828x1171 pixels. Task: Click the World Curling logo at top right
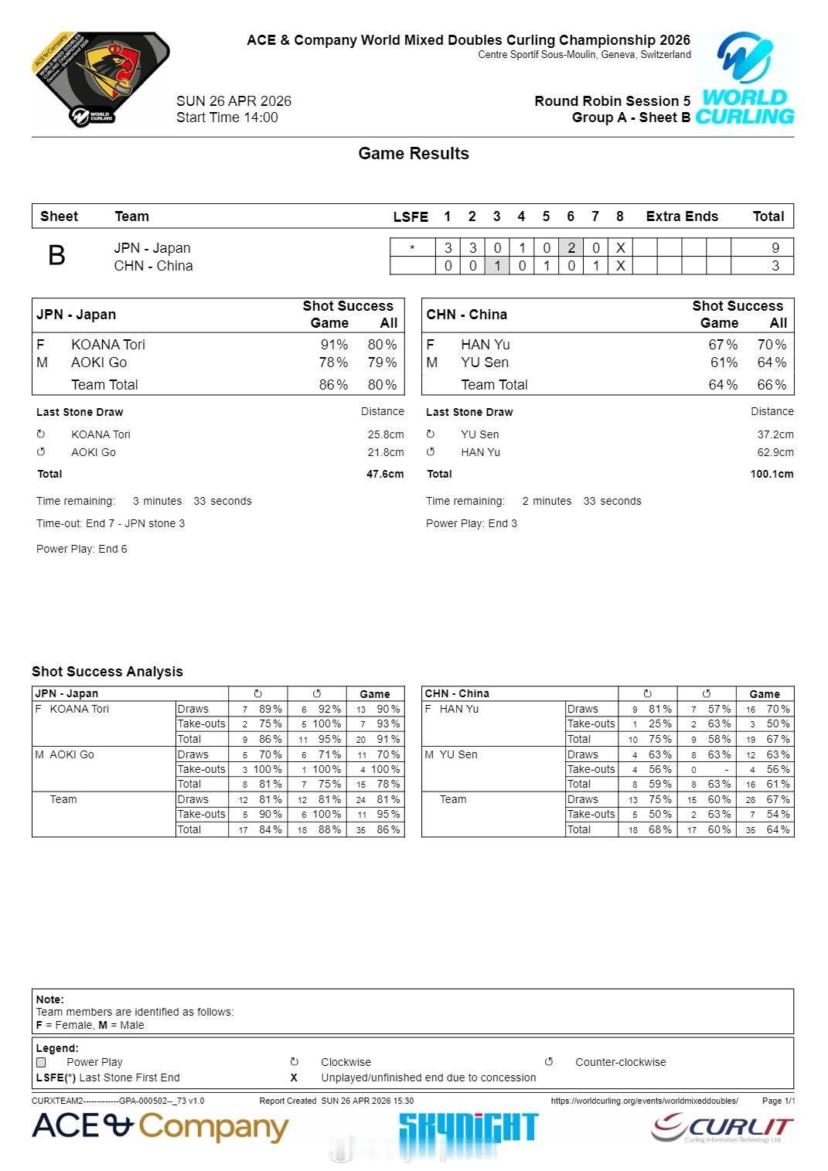[x=745, y=79]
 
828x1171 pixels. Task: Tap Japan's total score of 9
[x=775, y=248]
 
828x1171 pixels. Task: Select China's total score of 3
[x=775, y=266]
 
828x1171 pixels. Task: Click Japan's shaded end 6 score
[x=571, y=248]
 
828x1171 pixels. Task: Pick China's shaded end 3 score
[x=497, y=266]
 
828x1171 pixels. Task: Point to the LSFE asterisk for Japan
[x=412, y=248]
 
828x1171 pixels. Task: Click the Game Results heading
[x=414, y=153]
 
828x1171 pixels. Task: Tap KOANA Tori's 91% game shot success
[x=334, y=345]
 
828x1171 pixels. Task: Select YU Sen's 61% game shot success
[x=724, y=363]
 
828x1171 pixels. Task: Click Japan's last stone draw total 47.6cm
[x=385, y=474]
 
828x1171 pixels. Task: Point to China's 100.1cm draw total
[x=772, y=474]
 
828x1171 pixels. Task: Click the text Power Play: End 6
[x=82, y=549]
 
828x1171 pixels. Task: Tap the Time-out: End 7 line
[x=111, y=523]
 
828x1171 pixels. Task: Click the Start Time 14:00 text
[x=227, y=117]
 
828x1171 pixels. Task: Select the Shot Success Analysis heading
[x=107, y=672]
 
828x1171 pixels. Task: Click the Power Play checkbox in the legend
[x=41, y=1062]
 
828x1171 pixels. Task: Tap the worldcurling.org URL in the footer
[x=644, y=1101]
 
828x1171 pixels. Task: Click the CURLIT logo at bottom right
[x=722, y=1128]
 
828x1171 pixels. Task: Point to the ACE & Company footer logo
[x=160, y=1128]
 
